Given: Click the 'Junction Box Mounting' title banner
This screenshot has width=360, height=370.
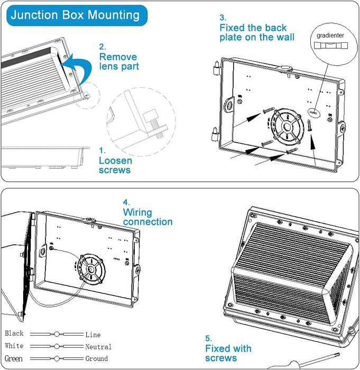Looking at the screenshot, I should [x=75, y=15].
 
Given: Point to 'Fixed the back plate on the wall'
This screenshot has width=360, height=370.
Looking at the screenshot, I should [x=257, y=32].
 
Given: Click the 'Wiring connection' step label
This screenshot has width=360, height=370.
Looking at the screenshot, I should [x=147, y=217].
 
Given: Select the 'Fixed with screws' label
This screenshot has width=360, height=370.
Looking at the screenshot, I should [x=228, y=353].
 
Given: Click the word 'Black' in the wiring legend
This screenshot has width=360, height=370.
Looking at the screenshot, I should [x=14, y=334].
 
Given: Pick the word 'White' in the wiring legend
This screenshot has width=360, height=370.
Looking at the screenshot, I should [x=14, y=346].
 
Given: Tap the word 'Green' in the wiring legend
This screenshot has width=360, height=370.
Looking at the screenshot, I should [x=14, y=359].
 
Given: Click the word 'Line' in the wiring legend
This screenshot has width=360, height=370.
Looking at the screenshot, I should [x=93, y=335].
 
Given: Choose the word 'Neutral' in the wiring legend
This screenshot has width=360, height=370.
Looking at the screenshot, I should [x=98, y=347].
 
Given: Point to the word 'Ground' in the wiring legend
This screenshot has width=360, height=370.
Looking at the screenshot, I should [x=97, y=359].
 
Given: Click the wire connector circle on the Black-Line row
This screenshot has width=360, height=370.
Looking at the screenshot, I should [x=57, y=335].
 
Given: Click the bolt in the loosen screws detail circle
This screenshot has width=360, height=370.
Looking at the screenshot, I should [x=151, y=118].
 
